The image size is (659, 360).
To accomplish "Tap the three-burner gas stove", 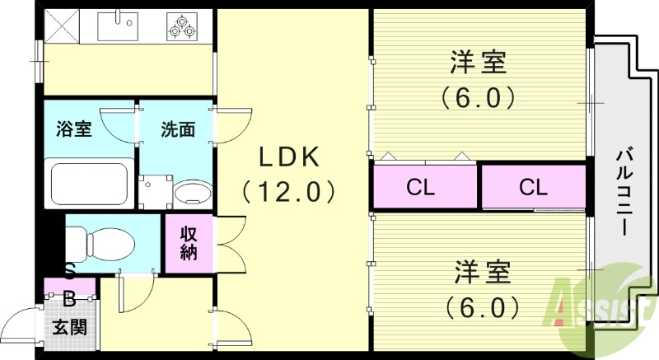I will click(182, 26).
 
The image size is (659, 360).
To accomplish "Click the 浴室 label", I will click(73, 129).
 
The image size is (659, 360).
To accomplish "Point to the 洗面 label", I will click(177, 129).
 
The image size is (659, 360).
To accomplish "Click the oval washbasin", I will click(192, 194).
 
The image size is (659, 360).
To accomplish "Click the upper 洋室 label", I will click(478, 63).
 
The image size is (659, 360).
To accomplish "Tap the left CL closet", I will click(421, 187).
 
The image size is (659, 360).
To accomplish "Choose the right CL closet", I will click(533, 187).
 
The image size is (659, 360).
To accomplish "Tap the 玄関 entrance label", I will click(70, 327).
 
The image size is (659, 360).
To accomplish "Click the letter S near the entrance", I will click(70, 271).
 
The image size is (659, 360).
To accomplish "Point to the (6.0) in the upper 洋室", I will click(478, 97).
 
